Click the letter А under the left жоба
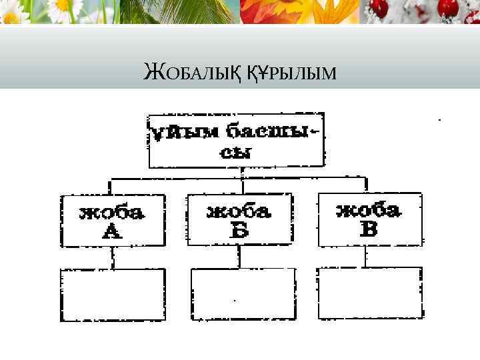tap(111, 231)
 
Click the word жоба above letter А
tap(111, 213)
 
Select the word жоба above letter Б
tap(239, 211)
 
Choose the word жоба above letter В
tap(369, 211)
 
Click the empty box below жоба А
tap(113, 294)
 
